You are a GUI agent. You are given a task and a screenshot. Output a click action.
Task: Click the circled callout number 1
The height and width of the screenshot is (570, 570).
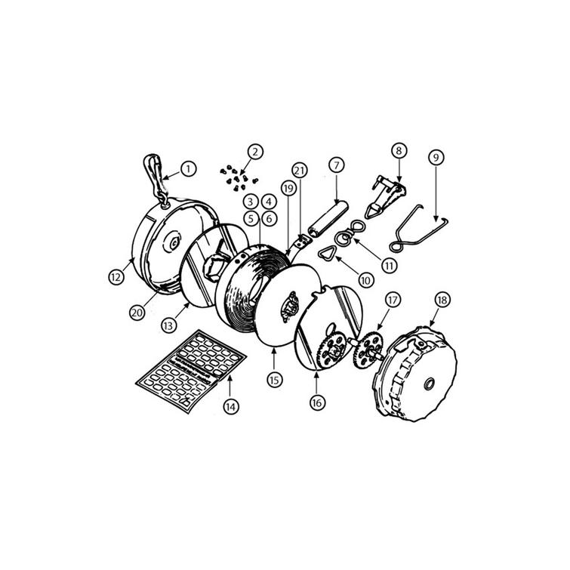[x=188, y=169]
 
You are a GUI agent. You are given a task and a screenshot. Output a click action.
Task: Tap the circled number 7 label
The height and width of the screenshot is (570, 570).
[x=337, y=165]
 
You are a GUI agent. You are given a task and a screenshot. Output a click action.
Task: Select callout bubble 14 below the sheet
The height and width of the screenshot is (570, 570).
[x=231, y=406]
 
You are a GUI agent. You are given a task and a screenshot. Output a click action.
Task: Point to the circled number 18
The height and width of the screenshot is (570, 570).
[x=442, y=300]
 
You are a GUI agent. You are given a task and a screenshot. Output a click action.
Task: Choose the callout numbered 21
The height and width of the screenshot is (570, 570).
[x=300, y=170]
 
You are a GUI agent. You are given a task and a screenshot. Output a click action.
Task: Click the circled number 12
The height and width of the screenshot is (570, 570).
[x=116, y=277]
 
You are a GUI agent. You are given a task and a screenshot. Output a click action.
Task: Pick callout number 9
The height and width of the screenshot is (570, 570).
[x=436, y=157]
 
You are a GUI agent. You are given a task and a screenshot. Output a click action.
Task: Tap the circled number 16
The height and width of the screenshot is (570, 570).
[x=317, y=402]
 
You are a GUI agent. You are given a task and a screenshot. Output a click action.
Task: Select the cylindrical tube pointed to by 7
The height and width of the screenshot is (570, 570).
[x=328, y=220]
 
